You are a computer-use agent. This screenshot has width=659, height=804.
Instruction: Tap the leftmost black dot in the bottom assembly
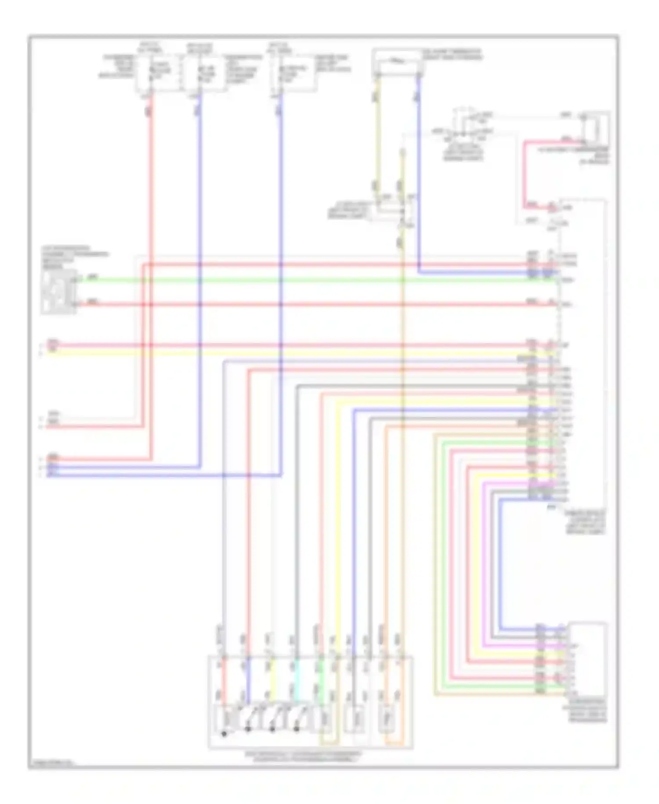click(x=224, y=734)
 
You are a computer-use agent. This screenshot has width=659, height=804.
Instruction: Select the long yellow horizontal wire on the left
click(x=264, y=352)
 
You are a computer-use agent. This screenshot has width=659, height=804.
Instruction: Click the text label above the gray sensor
click(x=72, y=257)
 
